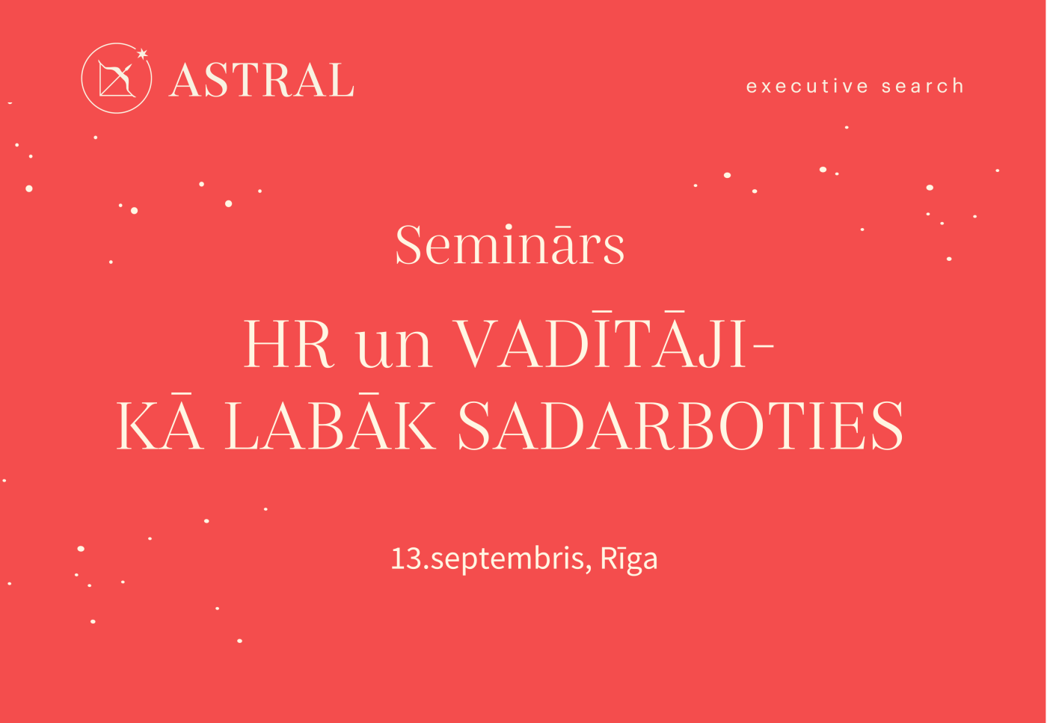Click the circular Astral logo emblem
coord(116,79)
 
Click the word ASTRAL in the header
coord(262,81)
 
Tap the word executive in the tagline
coord(807,87)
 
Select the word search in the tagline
coord(923,87)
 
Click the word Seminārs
coord(510,244)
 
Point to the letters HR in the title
coord(287,345)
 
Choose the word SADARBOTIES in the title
coord(680,426)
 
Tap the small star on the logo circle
coord(142,53)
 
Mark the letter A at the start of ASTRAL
coord(184,81)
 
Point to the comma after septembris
coord(589,568)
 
